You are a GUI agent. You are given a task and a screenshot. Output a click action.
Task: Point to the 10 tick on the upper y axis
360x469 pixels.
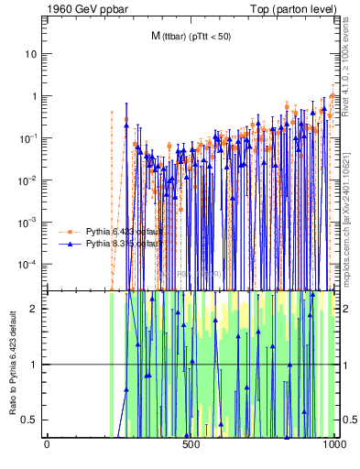(x=31, y=54)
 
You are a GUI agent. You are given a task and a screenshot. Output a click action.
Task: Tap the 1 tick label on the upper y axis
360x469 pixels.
(x=34, y=96)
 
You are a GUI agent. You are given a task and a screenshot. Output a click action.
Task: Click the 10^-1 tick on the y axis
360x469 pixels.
(x=29, y=138)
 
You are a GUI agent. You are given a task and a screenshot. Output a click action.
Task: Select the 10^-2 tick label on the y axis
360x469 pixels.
(x=29, y=180)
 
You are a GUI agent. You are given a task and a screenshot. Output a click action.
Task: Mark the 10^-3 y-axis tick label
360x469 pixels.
(x=29, y=223)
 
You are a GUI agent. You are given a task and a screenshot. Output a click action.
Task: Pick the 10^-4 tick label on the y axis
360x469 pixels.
(x=29, y=265)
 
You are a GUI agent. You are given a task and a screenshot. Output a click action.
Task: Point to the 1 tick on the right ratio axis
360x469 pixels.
(x=344, y=365)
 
